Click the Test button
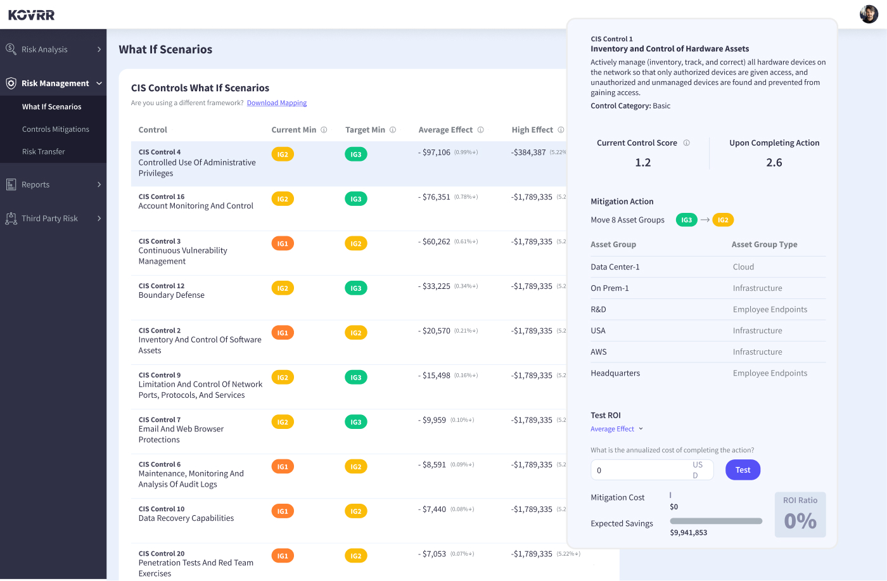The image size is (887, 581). (x=743, y=470)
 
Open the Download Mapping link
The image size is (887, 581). (x=276, y=103)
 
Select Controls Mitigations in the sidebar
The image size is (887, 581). (x=56, y=129)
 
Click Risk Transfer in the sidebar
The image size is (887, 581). (x=44, y=152)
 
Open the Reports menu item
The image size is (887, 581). (x=35, y=185)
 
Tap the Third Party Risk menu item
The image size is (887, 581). (x=49, y=219)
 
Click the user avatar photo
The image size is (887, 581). (x=869, y=14)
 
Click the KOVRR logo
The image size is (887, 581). (x=32, y=15)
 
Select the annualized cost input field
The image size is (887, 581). (x=640, y=470)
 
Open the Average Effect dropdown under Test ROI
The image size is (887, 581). (x=616, y=429)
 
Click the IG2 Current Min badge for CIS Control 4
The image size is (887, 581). (x=283, y=155)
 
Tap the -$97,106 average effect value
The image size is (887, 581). (x=436, y=153)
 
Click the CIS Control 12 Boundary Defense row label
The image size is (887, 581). (x=172, y=291)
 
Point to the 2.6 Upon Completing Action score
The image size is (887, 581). (x=774, y=163)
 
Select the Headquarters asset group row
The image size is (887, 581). (x=615, y=373)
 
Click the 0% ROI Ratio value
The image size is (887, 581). (x=800, y=521)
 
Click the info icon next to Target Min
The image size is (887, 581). (x=393, y=130)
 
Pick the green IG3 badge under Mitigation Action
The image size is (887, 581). (x=686, y=220)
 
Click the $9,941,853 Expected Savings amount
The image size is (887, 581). (x=688, y=533)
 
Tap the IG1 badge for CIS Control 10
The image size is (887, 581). (x=283, y=511)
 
